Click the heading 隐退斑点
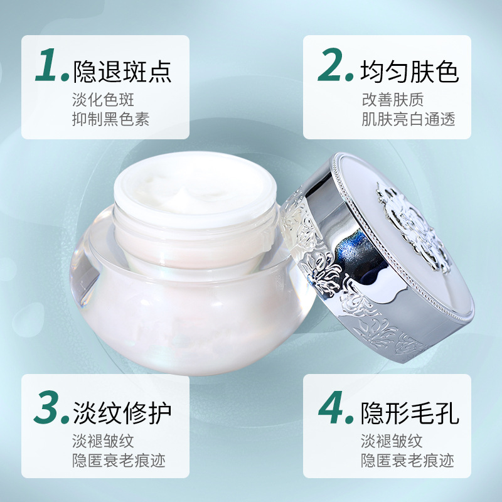pos(122,72)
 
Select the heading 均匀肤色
pos(410,72)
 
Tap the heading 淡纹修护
pos(122,413)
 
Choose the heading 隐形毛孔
pos(410,413)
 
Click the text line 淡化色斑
pos(103,100)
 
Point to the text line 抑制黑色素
pos(111,119)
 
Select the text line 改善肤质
pos(393,100)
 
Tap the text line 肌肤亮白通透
pos(409,119)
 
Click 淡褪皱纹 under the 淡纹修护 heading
pos(103,441)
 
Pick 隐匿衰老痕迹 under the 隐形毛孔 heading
pos(407,461)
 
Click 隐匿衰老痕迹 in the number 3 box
pos(119,461)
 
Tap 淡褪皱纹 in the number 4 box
pos(392,441)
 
